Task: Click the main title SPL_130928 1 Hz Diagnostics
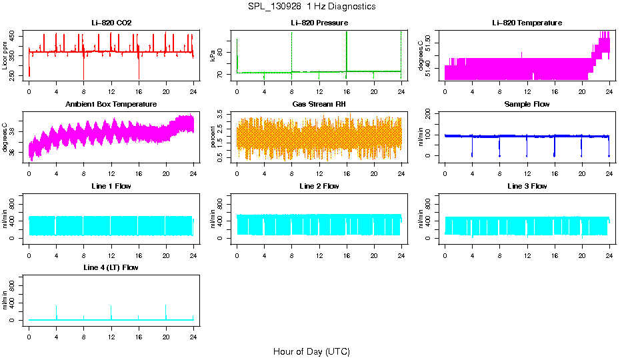click(311, 6)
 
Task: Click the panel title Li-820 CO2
click(111, 23)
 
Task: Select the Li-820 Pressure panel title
click(319, 23)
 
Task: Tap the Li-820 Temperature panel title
click(527, 23)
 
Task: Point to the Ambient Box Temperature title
click(111, 104)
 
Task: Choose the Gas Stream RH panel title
click(319, 104)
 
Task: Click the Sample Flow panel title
click(527, 104)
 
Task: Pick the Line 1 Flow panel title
click(111, 186)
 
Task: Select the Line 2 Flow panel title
click(319, 186)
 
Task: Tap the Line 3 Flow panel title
click(527, 186)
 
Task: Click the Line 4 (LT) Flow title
click(111, 267)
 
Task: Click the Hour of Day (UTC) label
click(311, 351)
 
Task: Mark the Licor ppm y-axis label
click(5, 55)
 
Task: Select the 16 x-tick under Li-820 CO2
click(139, 91)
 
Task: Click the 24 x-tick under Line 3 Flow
click(609, 254)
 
